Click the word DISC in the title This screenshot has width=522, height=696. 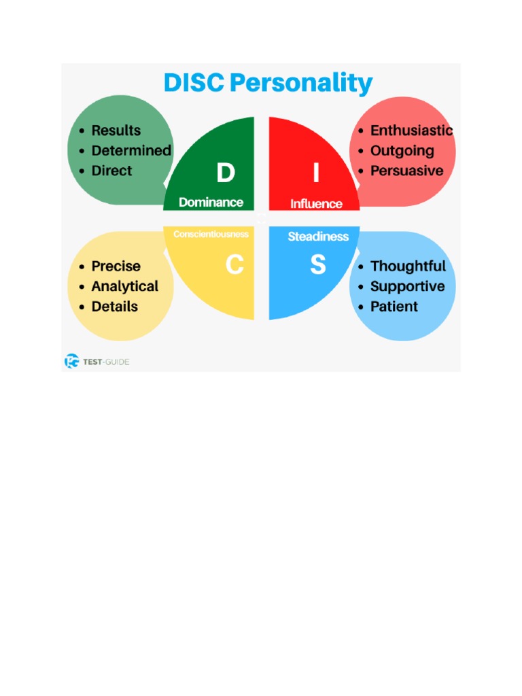click(193, 84)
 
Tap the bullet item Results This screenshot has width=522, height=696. click(116, 130)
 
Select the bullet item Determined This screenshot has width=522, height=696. click(131, 151)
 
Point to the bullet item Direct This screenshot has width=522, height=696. click(111, 171)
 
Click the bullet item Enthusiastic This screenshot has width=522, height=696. click(411, 130)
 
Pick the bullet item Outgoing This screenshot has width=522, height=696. click(402, 151)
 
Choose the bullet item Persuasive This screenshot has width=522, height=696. click(406, 171)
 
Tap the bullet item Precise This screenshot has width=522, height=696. click(116, 266)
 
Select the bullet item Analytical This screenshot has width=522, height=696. click(124, 286)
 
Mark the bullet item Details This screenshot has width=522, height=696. click(114, 307)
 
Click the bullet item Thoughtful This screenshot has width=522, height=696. click(408, 266)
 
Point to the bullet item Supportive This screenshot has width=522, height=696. click(407, 286)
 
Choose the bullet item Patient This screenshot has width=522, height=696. click(394, 307)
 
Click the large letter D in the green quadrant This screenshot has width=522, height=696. click(226, 174)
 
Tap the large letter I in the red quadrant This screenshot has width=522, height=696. click(316, 174)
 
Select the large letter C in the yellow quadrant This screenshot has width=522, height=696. click(234, 265)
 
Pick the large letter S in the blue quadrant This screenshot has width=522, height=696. click(317, 265)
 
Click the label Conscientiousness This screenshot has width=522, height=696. click(211, 234)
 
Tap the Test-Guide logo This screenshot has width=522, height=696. click(97, 362)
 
